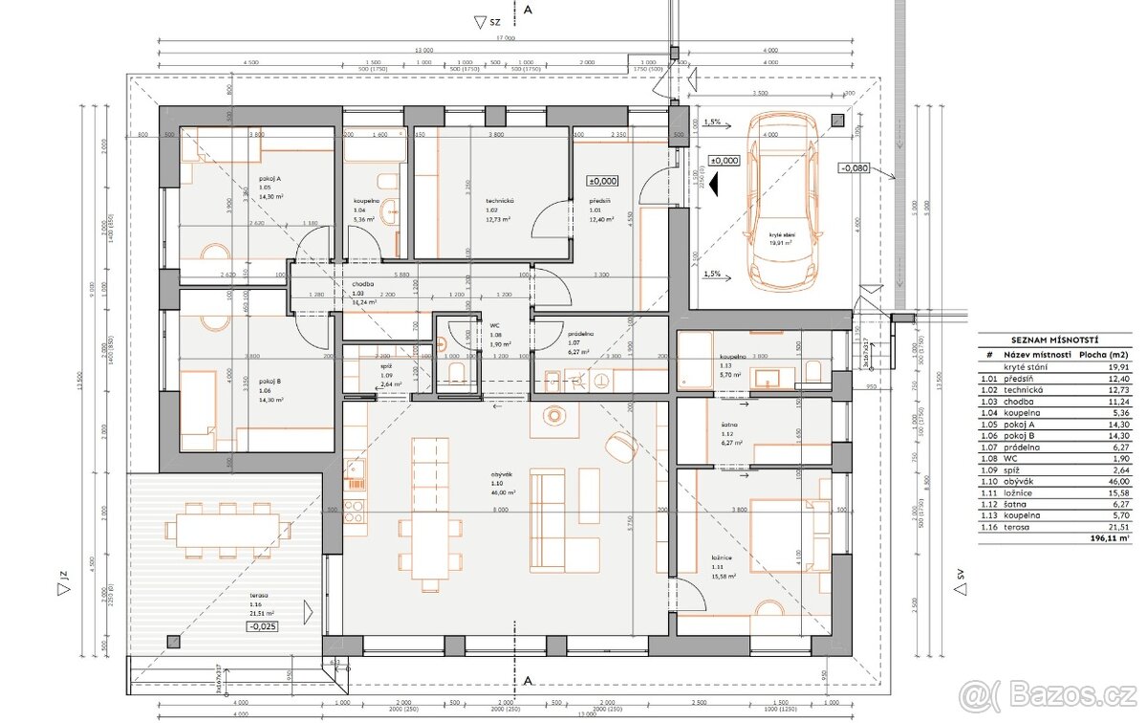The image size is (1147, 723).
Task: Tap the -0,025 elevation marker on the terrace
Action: click(x=264, y=626)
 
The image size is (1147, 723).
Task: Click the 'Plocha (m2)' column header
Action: click(x=1104, y=354)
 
